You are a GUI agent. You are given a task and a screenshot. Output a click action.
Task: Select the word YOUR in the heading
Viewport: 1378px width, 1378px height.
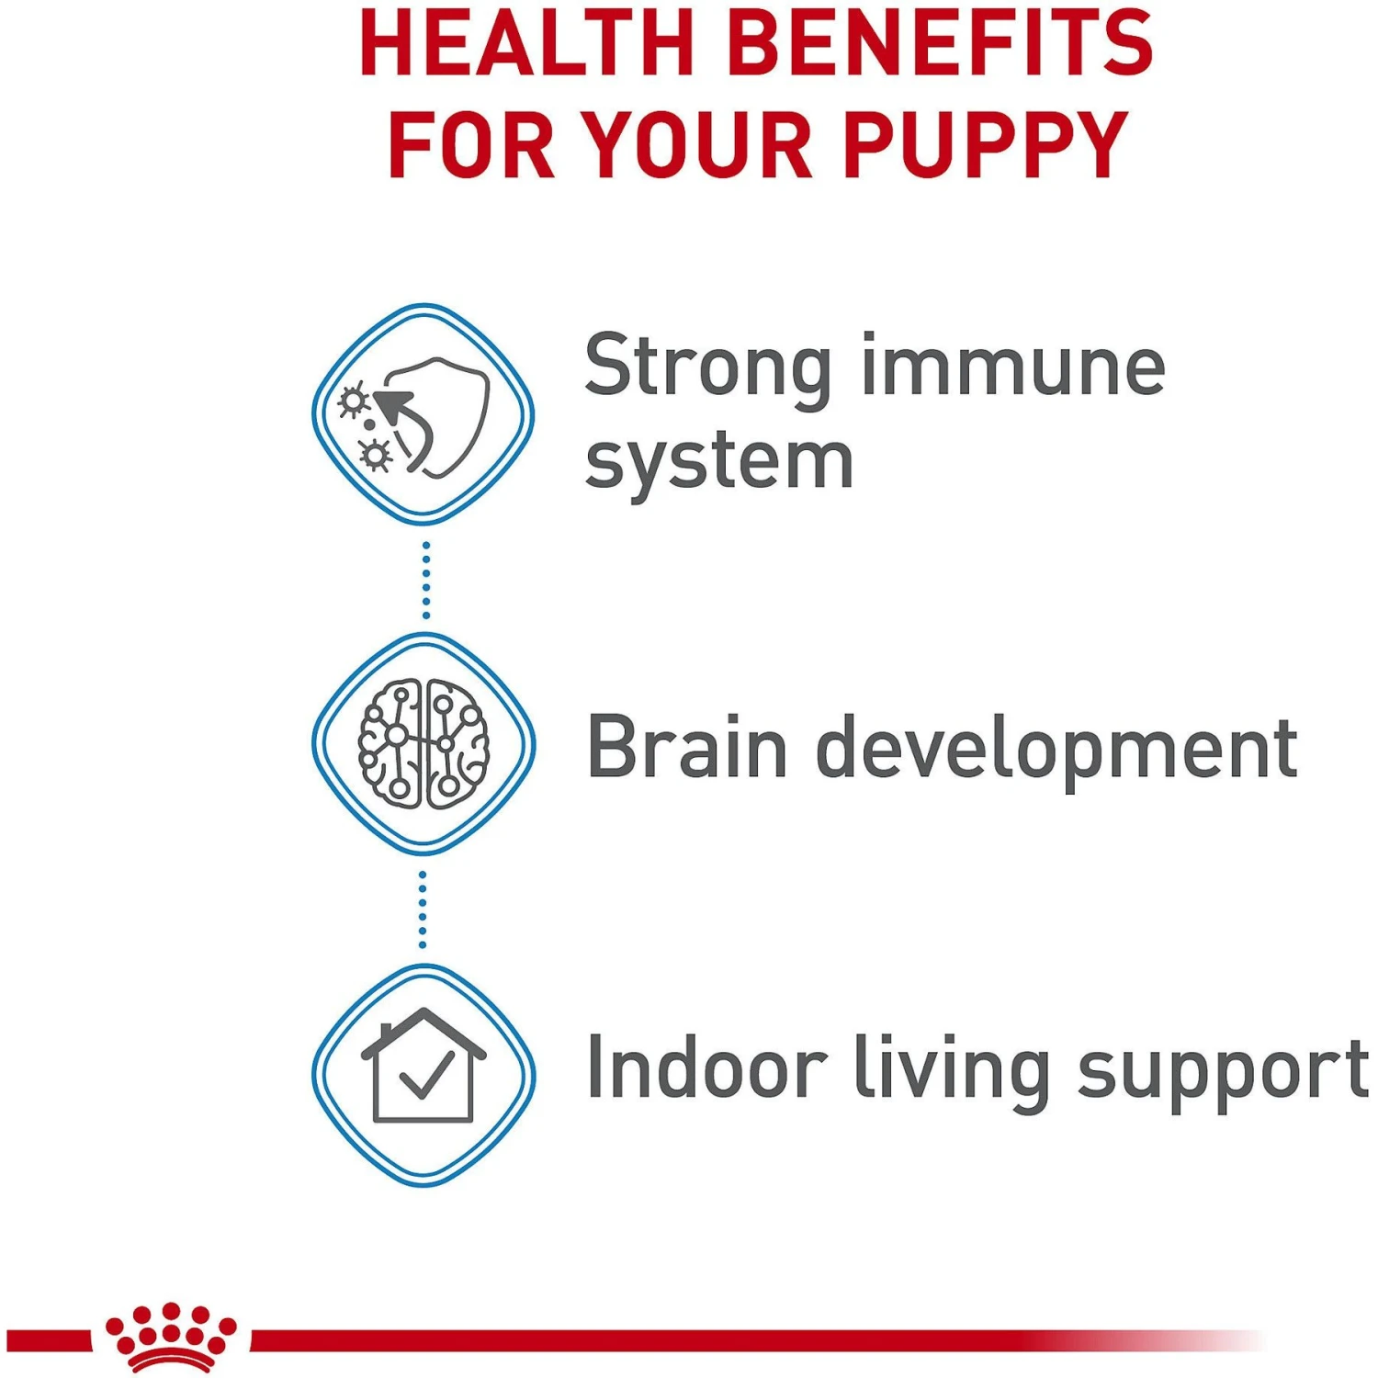coord(698,145)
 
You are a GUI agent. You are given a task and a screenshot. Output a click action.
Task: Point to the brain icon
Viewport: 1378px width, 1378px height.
coord(424,744)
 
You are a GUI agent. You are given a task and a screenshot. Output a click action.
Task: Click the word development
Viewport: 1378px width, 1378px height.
coord(1056,751)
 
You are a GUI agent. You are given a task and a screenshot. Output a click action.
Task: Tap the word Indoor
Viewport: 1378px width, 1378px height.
coord(706,1068)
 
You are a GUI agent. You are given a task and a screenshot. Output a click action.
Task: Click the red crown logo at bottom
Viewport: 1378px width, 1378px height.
coord(171,1336)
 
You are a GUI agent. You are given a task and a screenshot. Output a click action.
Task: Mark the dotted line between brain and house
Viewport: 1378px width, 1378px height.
coord(423,909)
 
